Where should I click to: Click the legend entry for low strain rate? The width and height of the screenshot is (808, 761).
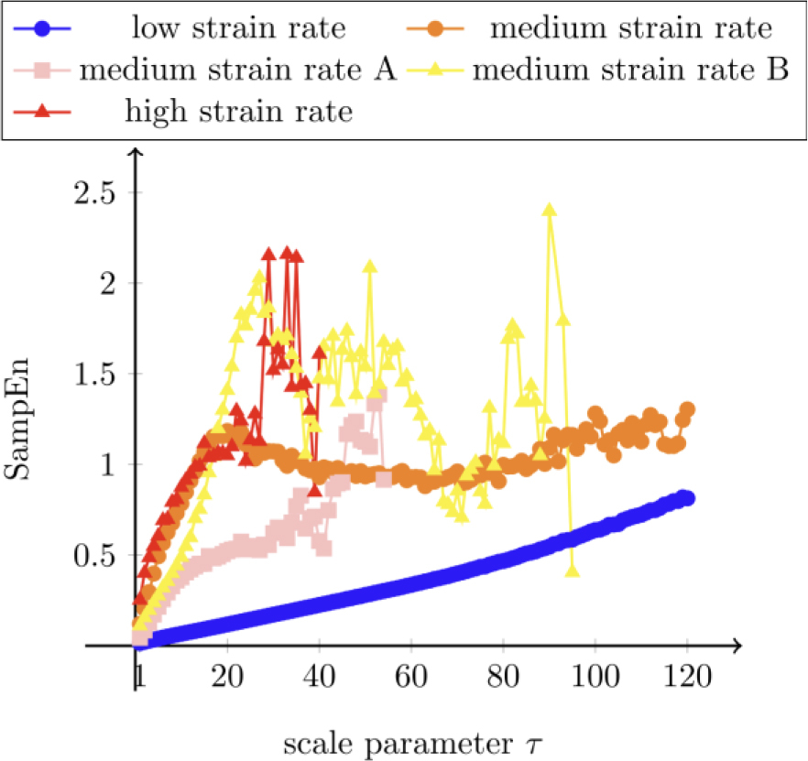point(238,28)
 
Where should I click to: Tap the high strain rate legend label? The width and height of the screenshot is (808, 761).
point(238,113)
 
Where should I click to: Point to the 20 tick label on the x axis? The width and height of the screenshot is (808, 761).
point(228,679)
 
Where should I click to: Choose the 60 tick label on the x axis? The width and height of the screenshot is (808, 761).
point(411,679)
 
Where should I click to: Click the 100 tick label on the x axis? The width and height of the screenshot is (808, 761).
point(595,679)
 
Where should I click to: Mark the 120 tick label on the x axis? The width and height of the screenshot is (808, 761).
point(687,679)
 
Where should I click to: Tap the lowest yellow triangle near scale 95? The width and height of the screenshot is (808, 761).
point(573,571)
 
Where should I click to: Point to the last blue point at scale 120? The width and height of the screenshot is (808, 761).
point(687,498)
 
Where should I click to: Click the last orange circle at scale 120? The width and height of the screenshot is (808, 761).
point(687,409)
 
